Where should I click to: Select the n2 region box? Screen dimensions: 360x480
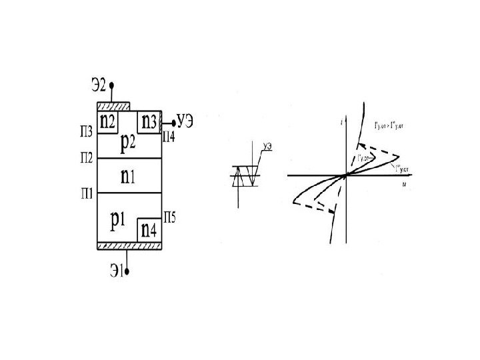click(x=108, y=121)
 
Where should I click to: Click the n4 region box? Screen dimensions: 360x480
click(x=149, y=230)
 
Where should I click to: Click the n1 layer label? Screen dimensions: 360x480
click(x=129, y=176)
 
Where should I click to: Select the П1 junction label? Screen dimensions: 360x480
click(x=87, y=193)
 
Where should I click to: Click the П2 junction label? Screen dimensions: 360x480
click(x=87, y=158)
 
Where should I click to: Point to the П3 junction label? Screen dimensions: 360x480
click(x=86, y=131)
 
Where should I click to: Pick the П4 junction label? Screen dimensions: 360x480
click(x=170, y=137)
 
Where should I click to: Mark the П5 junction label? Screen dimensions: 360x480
click(x=170, y=216)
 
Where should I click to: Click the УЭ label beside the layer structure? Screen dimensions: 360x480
click(x=185, y=121)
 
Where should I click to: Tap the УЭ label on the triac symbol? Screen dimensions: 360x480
click(x=269, y=146)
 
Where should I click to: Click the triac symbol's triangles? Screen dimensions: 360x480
click(x=243, y=175)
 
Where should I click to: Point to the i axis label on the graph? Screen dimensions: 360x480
click(x=341, y=122)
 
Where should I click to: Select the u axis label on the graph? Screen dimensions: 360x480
click(x=404, y=183)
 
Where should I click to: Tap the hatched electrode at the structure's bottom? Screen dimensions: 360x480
click(x=130, y=246)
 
